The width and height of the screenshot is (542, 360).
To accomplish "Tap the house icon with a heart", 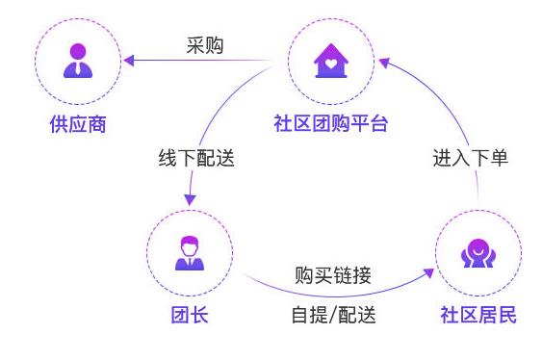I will pyautogui.click(x=328, y=62).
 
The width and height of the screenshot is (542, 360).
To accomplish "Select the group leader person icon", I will pyautogui.click(x=189, y=252).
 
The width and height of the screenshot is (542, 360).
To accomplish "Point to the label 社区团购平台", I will pyautogui.click(x=329, y=124).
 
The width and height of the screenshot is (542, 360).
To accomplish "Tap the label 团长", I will pyautogui.click(x=189, y=316).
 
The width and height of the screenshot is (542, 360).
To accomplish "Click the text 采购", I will pyautogui.click(x=204, y=45).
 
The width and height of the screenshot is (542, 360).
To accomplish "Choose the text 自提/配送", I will pyautogui.click(x=333, y=315).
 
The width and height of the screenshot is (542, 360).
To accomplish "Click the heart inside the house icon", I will pyautogui.click(x=328, y=65).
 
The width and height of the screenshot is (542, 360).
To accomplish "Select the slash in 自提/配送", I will pyautogui.click(x=333, y=315).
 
